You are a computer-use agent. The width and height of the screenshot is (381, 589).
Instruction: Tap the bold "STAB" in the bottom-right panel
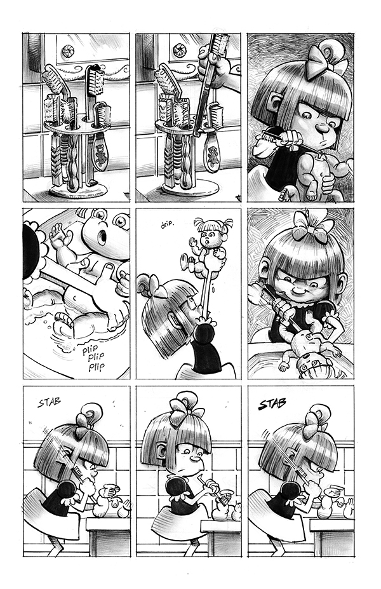click(x=272, y=404)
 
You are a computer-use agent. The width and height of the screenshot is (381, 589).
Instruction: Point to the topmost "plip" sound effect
click(x=91, y=350)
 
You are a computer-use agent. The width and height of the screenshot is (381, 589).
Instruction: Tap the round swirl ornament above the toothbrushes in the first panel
click(x=69, y=51)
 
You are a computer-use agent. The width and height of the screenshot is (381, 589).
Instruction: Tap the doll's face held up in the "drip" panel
click(x=206, y=238)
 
